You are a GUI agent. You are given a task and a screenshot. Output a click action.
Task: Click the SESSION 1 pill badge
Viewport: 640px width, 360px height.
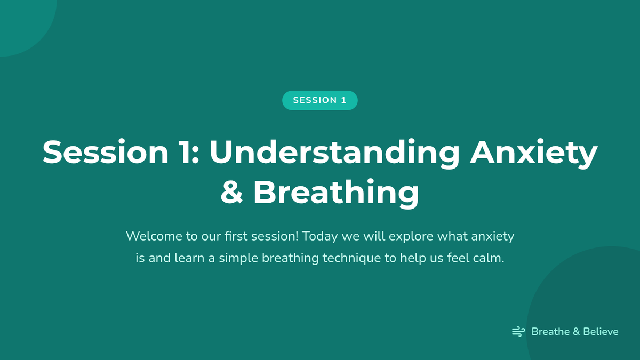[319, 100]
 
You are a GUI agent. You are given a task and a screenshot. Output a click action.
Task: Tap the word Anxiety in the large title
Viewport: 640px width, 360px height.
[534, 153]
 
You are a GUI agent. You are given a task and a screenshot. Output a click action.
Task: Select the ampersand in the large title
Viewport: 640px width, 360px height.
[231, 191]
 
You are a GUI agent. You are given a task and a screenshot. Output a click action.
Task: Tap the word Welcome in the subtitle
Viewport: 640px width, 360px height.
[154, 236]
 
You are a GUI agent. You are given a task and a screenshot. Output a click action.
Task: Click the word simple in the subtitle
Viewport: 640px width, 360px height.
[238, 259]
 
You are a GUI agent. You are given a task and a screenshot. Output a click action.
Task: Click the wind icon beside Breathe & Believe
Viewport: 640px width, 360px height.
[518, 332]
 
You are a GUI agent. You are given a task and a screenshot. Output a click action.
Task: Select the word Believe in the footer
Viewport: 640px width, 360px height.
[601, 332]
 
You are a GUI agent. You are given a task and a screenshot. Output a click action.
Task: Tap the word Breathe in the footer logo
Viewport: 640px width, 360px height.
[550, 332]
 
